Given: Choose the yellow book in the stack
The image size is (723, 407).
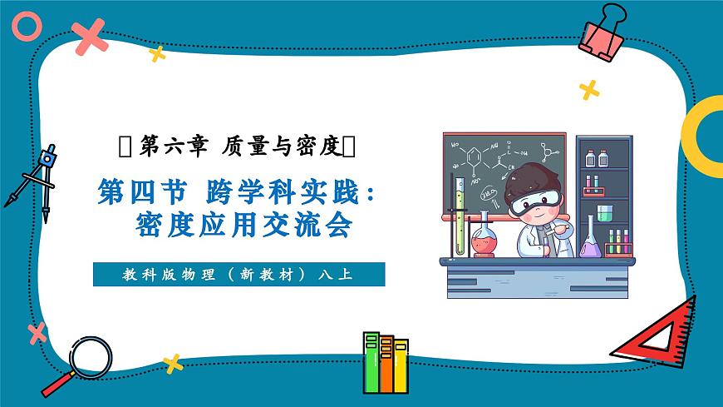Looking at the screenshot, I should point(401,366).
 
